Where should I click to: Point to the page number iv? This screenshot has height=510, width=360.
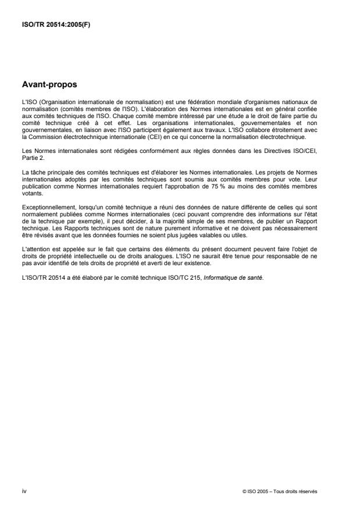pos(24,491)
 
